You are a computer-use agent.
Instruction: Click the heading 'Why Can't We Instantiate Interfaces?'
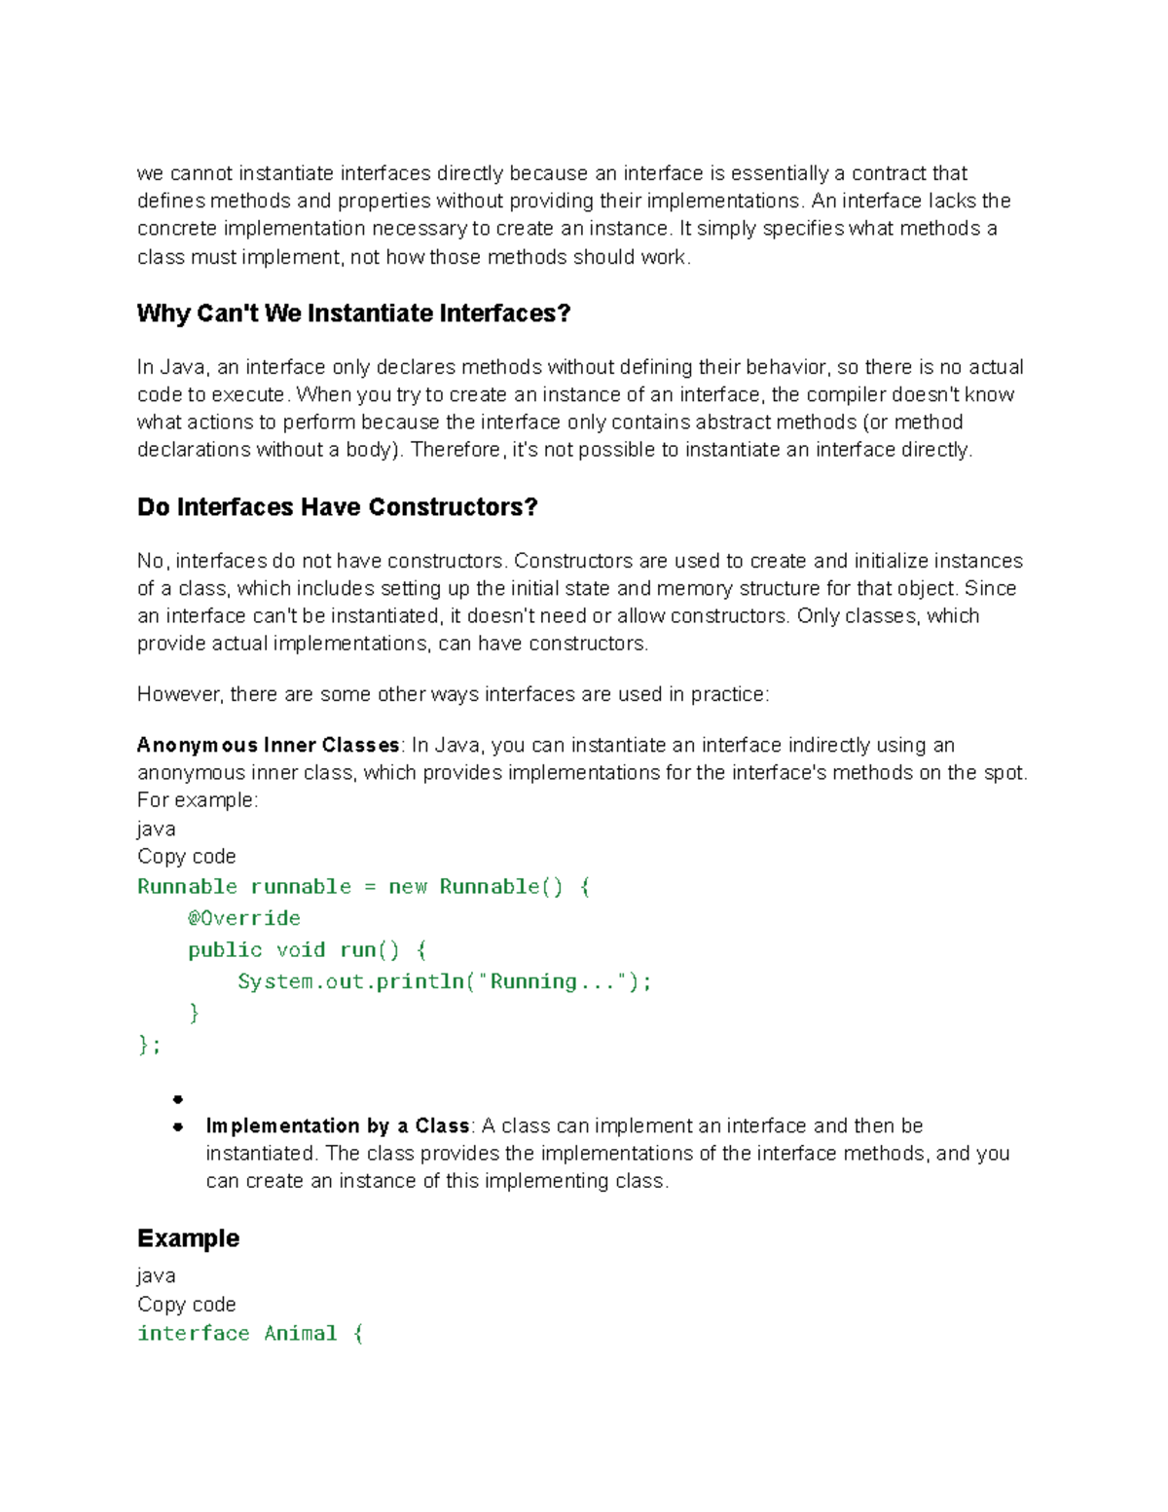coord(353,313)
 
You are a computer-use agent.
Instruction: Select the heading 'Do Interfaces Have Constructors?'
coord(337,507)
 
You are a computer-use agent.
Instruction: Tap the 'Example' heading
coord(188,1238)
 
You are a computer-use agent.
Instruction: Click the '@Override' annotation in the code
coord(244,918)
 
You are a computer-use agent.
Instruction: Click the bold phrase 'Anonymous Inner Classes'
coord(269,746)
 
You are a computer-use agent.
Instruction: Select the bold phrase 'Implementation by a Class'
coord(338,1126)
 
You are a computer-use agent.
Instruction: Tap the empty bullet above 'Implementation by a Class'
coord(178,1100)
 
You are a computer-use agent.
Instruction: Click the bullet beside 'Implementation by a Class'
coord(178,1127)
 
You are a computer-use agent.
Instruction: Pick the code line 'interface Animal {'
coord(250,1334)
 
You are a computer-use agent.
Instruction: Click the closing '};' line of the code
coord(149,1045)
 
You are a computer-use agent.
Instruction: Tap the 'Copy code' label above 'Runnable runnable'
coord(187,857)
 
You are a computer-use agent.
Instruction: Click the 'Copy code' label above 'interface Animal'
coord(187,1305)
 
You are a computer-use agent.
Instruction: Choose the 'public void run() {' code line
coord(307,950)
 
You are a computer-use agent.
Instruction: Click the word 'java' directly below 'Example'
coord(156,1276)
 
